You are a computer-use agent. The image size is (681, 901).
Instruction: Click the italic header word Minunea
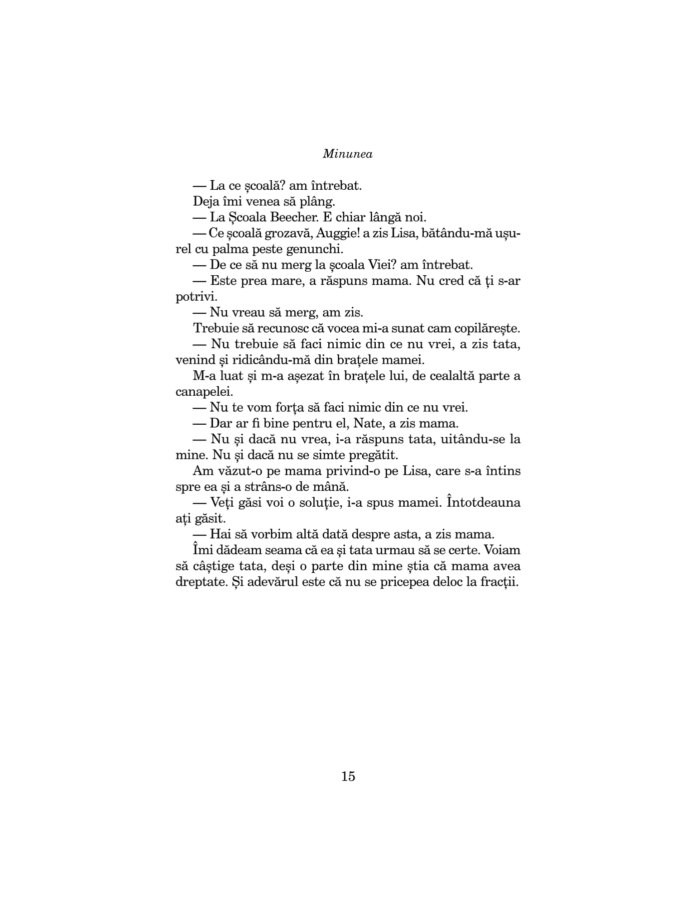click(x=348, y=154)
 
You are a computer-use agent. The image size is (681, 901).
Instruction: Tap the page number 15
click(x=348, y=776)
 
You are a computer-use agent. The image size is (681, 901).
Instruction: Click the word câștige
click(x=218, y=566)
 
